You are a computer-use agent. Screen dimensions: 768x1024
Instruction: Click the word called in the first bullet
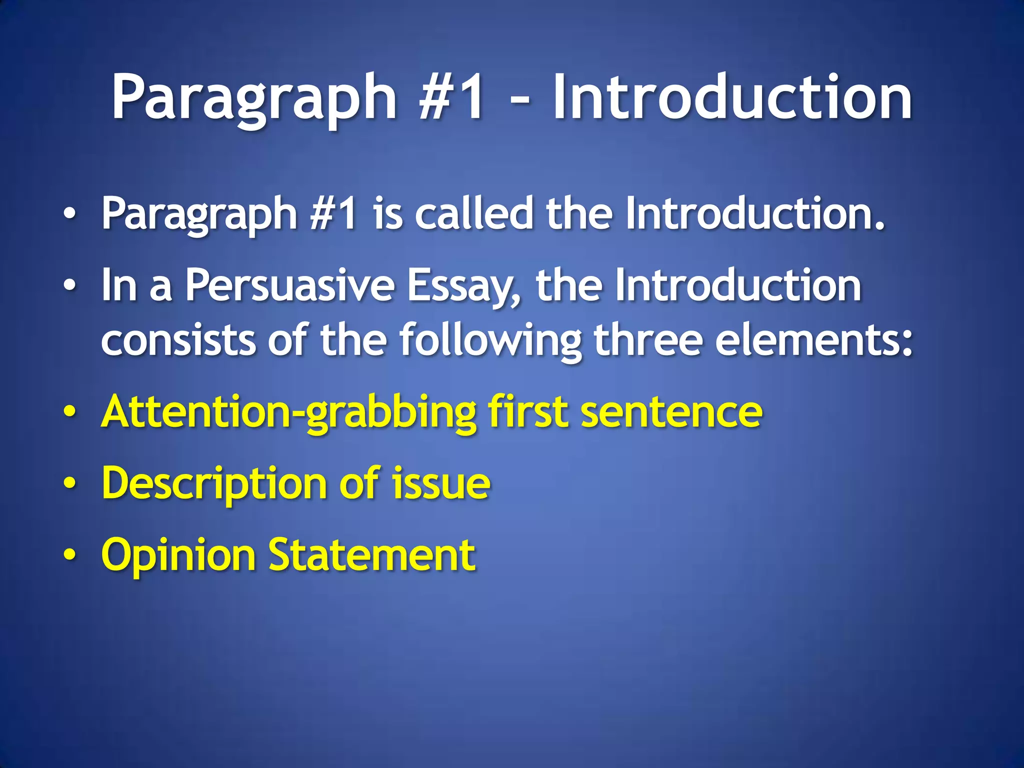474,214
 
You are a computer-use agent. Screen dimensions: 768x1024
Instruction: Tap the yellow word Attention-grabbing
288,412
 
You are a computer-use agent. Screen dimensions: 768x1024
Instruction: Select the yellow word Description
214,484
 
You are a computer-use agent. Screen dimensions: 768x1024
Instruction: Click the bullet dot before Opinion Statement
70,555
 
